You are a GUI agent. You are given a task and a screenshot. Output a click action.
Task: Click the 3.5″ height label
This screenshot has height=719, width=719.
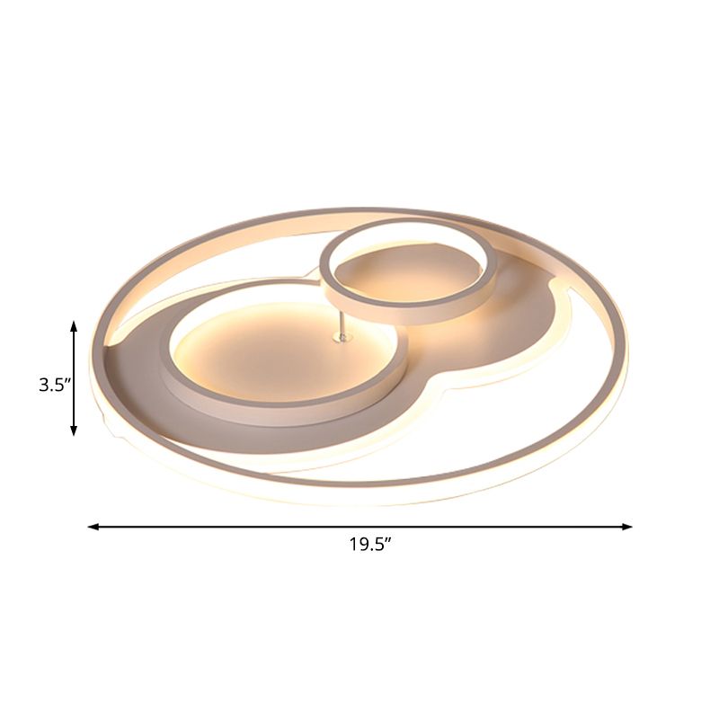53,386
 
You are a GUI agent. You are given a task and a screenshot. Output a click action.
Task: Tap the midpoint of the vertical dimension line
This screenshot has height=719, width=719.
74,377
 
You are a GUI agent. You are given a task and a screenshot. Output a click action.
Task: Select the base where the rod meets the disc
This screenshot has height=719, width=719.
340,337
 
